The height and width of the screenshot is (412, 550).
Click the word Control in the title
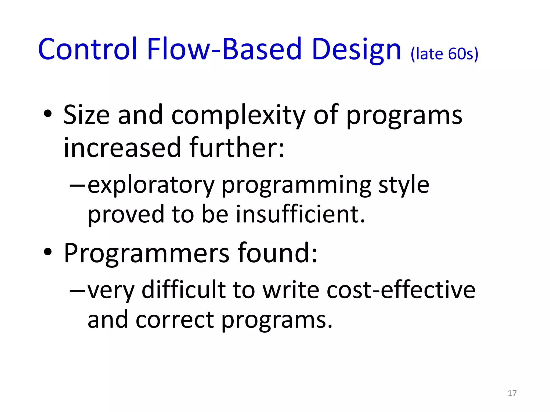pyautogui.click(x=88, y=49)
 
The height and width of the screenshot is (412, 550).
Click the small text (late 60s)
pyautogui.click(x=444, y=54)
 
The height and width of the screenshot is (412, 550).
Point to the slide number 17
pyautogui.click(x=512, y=393)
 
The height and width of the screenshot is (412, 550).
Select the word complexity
pyautogui.click(x=238, y=115)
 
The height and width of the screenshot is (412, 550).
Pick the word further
pyautogui.click(x=236, y=148)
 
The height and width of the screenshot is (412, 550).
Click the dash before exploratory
pyautogui.click(x=77, y=185)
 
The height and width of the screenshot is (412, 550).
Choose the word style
pyautogui.click(x=404, y=186)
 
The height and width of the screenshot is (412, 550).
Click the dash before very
pyautogui.click(x=77, y=290)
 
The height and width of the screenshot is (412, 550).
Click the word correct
pyautogui.click(x=175, y=320)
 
